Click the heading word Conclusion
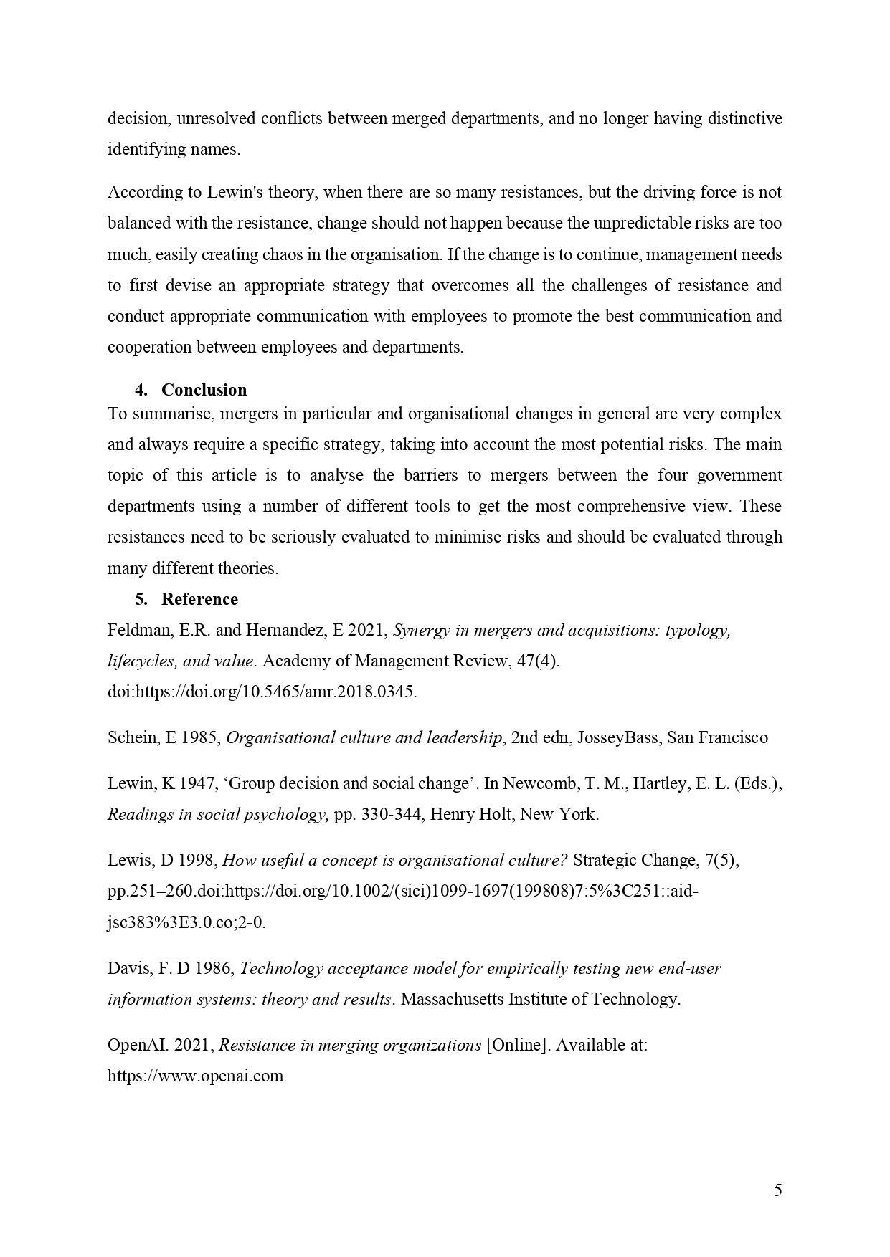[204, 390]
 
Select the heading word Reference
[199, 599]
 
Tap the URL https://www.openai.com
[195, 1076]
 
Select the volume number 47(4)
[538, 661]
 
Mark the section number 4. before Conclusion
[141, 390]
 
